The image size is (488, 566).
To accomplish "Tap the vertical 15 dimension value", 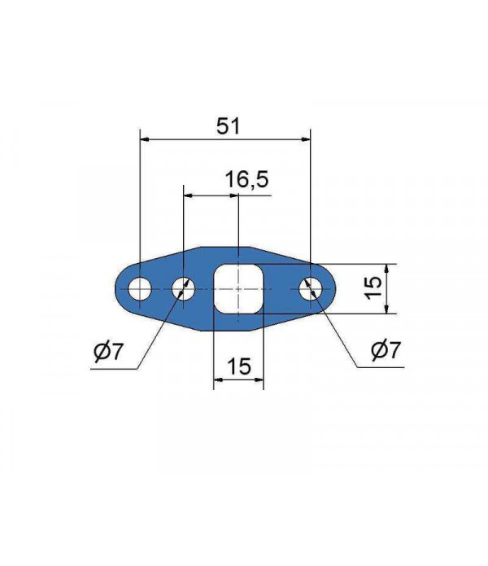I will click(373, 287).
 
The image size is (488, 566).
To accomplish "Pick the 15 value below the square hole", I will click(238, 366).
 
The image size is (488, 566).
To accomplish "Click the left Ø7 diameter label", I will click(108, 352).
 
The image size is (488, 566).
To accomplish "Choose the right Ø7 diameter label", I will click(385, 351).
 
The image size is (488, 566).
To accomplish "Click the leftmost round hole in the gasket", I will click(139, 288).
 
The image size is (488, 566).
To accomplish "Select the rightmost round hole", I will click(311, 288).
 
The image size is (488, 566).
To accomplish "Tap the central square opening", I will click(238, 288).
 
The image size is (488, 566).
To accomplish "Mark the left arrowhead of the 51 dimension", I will click(144, 140).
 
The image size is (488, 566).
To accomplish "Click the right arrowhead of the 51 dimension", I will click(307, 140).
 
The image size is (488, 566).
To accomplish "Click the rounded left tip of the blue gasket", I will click(116, 288).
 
